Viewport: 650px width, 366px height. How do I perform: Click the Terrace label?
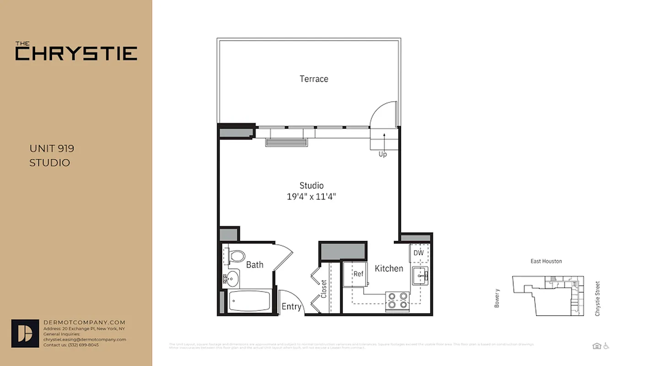pos(314,79)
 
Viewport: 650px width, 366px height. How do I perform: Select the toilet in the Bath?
pos(236,256)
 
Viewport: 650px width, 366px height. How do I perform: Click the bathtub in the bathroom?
pos(250,301)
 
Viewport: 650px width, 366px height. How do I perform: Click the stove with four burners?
pos(397,301)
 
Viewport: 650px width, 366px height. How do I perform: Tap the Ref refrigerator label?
pos(358,274)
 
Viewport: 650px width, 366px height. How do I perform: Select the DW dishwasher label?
pos(419,253)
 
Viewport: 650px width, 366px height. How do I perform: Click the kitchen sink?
pos(420,276)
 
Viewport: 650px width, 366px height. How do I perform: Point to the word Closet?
pos(324,289)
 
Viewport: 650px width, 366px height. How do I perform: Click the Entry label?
pos(291,307)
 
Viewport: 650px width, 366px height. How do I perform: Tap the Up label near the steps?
pos(383,154)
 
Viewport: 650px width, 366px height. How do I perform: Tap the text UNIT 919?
pos(52,149)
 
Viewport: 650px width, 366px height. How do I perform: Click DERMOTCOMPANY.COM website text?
pos(84,323)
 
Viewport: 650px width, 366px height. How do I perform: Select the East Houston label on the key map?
pos(546,261)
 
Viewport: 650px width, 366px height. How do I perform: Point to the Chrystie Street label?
pos(597,299)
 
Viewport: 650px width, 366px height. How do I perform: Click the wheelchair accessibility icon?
pos(606,346)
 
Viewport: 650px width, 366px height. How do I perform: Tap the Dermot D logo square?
pos(25,333)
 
